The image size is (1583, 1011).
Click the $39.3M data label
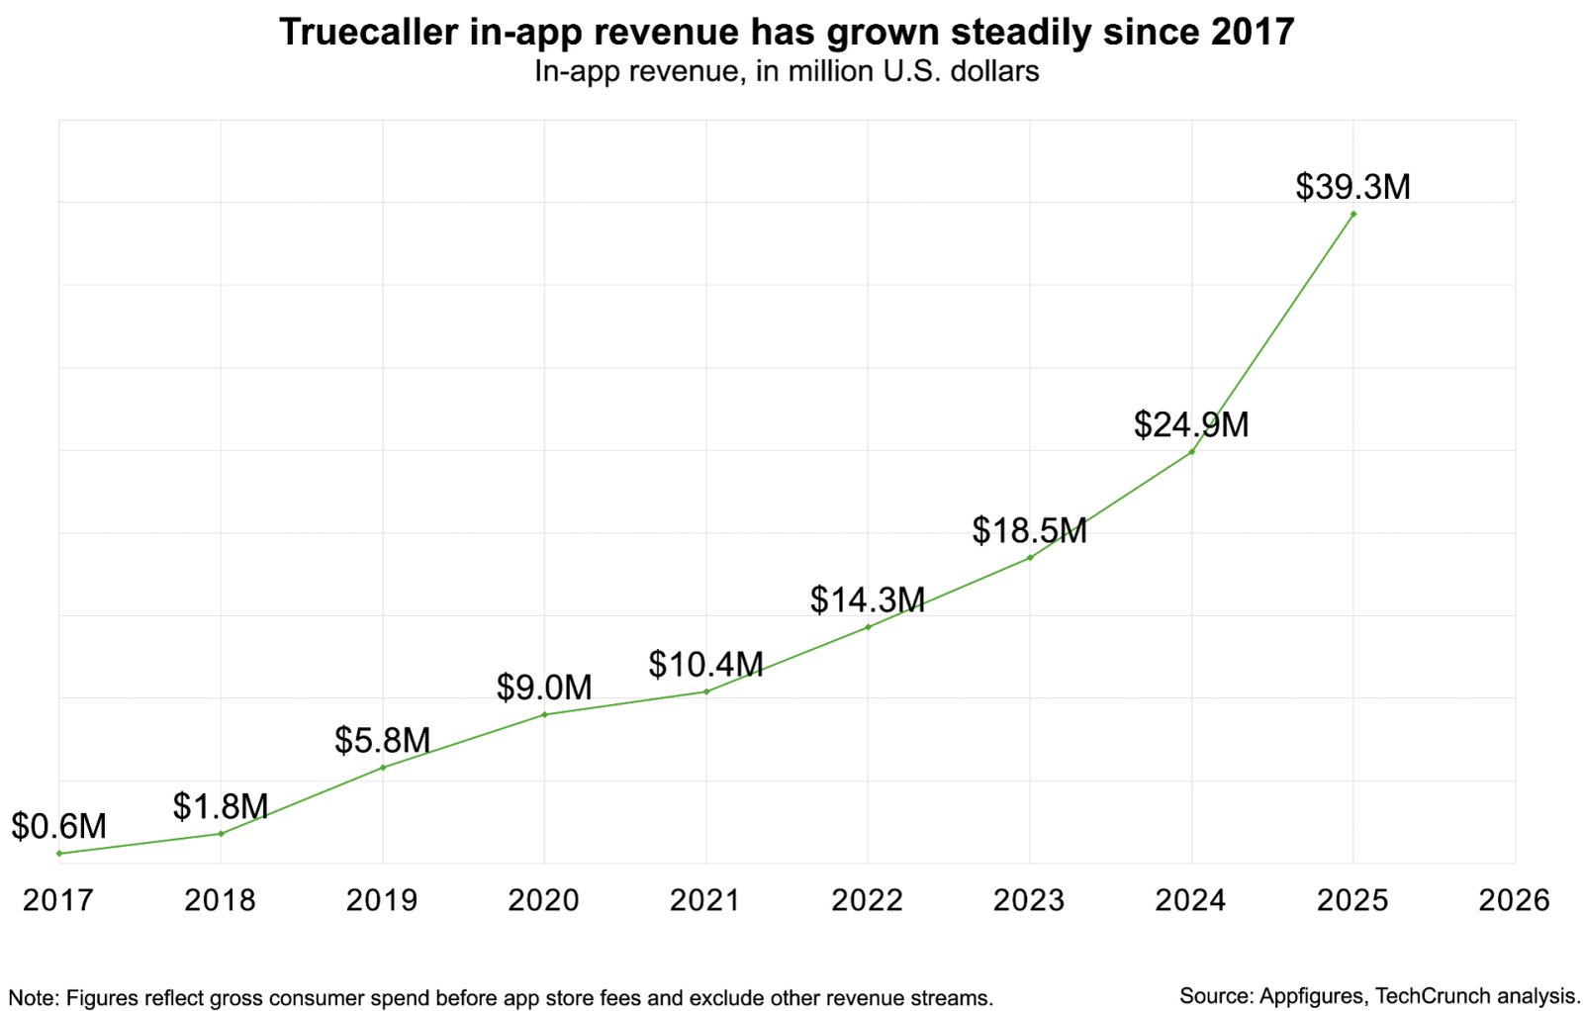click(1352, 187)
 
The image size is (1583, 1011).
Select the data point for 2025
click(1353, 214)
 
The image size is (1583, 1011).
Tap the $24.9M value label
click(1191, 424)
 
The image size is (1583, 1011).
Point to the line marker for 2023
click(1030, 558)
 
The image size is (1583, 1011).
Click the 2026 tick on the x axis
click(1514, 899)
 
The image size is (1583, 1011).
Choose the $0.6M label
click(58, 826)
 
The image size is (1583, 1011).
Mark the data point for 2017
click(59, 853)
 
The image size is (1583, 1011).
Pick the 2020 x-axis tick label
click(543, 899)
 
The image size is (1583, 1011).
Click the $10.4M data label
click(705, 664)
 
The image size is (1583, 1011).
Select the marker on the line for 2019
click(383, 768)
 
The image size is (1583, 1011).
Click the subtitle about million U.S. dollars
click(787, 72)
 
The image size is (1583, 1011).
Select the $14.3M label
click(868, 599)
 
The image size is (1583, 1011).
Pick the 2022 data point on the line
click(868, 627)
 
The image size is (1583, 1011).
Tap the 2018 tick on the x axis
click(220, 899)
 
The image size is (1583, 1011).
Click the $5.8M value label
click(382, 740)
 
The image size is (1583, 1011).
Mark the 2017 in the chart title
click(1253, 33)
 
